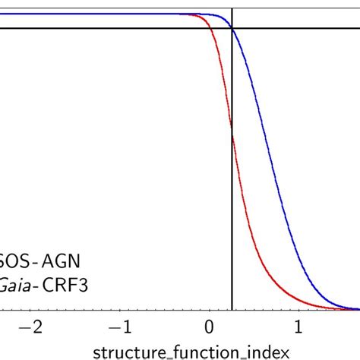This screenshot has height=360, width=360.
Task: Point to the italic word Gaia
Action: (17, 287)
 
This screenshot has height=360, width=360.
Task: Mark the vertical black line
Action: (232, 228)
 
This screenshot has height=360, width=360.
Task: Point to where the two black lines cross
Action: (232, 28)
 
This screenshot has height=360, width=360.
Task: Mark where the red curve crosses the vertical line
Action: (232, 133)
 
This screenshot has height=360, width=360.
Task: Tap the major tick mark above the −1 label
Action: (120, 308)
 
